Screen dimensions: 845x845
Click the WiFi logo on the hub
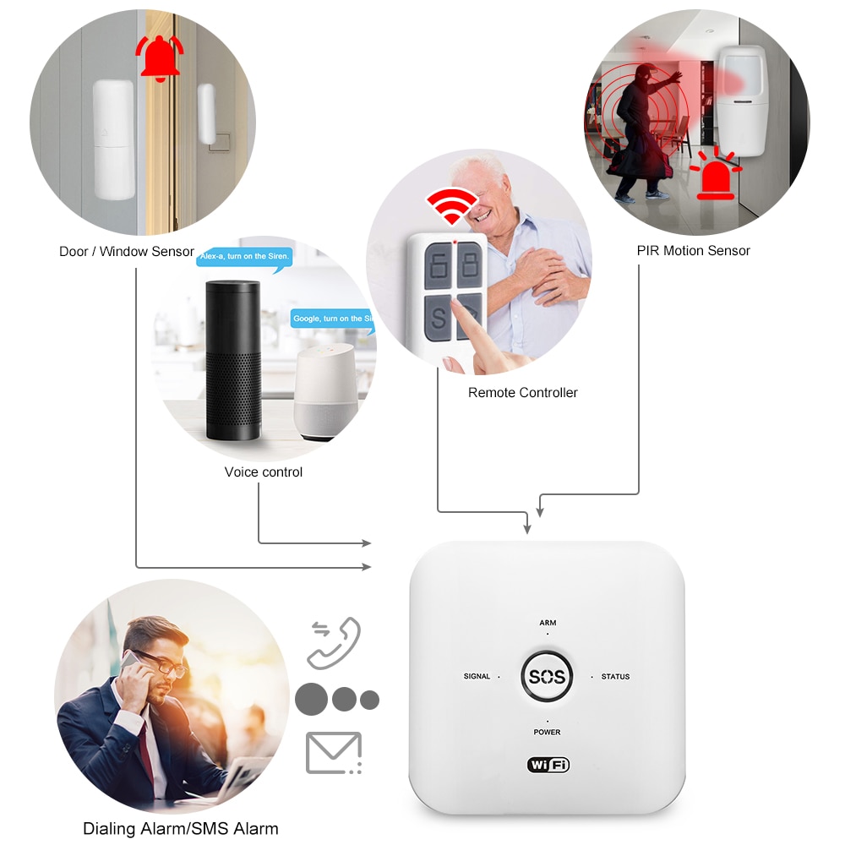(548, 765)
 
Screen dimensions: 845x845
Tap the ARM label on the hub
(548, 623)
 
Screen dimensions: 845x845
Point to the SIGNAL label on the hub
(477, 676)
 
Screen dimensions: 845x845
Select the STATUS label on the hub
(615, 676)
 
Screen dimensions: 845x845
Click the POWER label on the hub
(547, 732)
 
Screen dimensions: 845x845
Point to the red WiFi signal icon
(451, 205)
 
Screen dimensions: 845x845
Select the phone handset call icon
(334, 643)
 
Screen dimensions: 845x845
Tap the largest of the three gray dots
(311, 699)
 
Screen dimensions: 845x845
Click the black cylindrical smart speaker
(232, 359)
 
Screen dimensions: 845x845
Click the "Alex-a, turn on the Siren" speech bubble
(243, 255)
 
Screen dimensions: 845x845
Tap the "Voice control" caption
(263, 472)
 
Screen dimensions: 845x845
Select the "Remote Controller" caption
(522, 392)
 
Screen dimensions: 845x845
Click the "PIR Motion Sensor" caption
(693, 250)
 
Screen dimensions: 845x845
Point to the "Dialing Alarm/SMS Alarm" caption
(180, 828)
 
